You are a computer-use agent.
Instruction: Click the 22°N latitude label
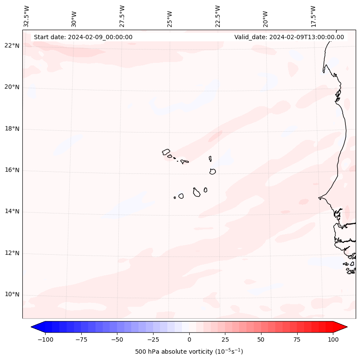[12, 46]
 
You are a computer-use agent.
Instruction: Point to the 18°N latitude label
[12, 129]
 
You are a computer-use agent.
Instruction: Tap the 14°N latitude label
[12, 212]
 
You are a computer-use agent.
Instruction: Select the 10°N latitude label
[12, 295]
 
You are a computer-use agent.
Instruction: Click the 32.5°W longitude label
[27, 16]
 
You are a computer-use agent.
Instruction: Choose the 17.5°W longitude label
[313, 16]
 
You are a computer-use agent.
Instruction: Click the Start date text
[83, 37]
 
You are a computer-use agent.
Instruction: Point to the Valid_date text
[289, 37]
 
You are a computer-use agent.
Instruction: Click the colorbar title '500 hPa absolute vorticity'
[189, 352]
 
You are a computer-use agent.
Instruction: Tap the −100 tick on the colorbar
[45, 340]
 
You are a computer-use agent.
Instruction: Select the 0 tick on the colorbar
[189, 340]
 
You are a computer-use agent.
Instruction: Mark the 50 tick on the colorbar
[261, 340]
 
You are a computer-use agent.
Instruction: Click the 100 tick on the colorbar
[332, 340]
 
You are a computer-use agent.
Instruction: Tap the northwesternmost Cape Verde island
[166, 151]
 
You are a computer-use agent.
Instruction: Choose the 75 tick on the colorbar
[297, 340]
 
